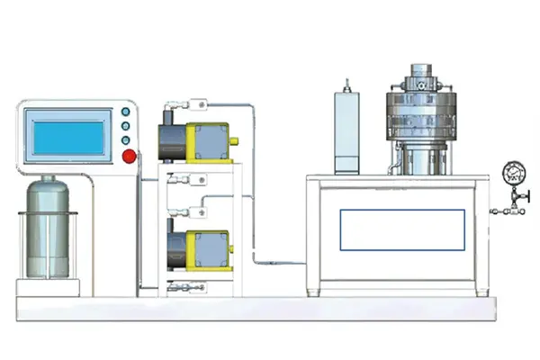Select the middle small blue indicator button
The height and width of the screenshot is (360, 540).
point(125,127)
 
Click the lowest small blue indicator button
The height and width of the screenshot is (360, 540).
point(125,140)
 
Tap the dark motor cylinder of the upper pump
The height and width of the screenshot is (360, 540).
point(173,139)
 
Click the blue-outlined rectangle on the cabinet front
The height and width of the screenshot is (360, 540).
point(402,229)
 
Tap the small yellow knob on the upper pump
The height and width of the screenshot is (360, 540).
point(235,141)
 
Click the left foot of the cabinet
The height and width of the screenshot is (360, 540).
point(314,292)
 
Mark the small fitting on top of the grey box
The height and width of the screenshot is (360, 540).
point(346,84)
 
